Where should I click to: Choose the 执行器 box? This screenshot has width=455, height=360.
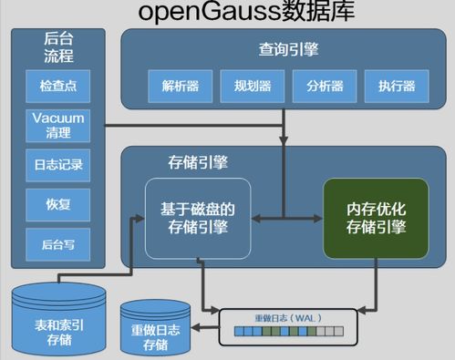(x=390, y=87)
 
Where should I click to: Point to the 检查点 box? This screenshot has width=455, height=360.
(x=57, y=87)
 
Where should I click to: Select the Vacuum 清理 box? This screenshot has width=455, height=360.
(x=57, y=126)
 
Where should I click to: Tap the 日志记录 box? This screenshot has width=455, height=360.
(x=57, y=165)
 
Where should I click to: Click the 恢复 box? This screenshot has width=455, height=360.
(x=57, y=203)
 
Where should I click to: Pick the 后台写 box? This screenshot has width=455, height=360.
(x=57, y=243)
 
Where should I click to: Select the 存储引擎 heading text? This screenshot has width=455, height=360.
(x=198, y=162)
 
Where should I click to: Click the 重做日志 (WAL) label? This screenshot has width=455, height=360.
(x=287, y=318)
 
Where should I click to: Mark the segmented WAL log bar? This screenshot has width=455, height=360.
(x=287, y=334)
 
